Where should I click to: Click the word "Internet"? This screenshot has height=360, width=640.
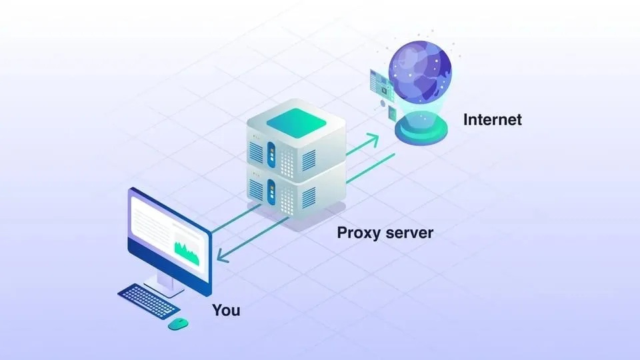pyautogui.click(x=492, y=120)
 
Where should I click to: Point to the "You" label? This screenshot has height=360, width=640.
pyautogui.click(x=226, y=310)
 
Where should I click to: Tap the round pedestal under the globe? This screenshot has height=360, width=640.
pyautogui.click(x=419, y=129)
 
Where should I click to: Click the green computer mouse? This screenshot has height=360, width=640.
pyautogui.click(x=178, y=323)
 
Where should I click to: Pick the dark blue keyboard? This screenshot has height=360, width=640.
pyautogui.click(x=148, y=301)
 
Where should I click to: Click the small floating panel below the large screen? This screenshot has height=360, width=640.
pyautogui.click(x=393, y=112)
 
